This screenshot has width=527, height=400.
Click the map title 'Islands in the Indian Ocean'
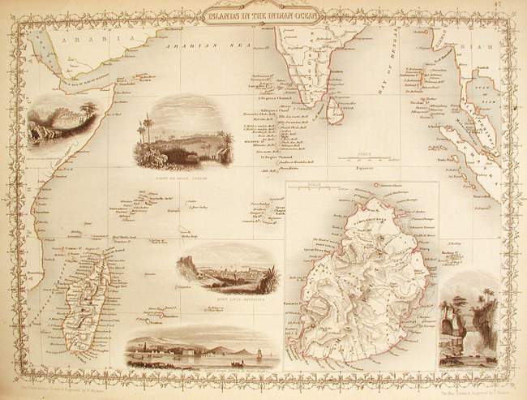263,14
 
